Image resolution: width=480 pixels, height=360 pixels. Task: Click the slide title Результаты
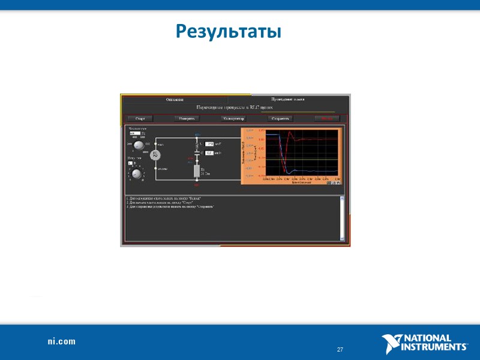tap(229, 31)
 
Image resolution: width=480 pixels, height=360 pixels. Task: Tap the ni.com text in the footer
tap(62, 341)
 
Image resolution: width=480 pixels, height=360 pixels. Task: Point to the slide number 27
tap(340, 350)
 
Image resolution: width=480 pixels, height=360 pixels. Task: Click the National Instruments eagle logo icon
tap(390, 344)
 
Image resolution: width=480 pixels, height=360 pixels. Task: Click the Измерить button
tap(187, 119)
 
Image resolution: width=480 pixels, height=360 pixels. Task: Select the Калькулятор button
tap(233, 119)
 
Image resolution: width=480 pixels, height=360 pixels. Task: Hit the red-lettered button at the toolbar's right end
tap(327, 119)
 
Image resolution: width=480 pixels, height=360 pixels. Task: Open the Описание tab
tap(175, 99)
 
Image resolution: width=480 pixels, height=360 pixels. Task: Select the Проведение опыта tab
tap(288, 99)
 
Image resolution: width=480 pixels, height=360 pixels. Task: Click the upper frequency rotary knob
tap(139, 146)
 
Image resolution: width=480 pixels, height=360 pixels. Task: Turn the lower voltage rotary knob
tap(137, 175)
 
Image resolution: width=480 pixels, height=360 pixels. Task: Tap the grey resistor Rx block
tap(197, 171)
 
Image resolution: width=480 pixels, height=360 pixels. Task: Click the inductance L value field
tap(209, 144)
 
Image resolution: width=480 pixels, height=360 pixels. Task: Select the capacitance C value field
tap(209, 153)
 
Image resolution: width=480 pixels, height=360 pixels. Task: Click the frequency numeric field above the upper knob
tap(135, 133)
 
